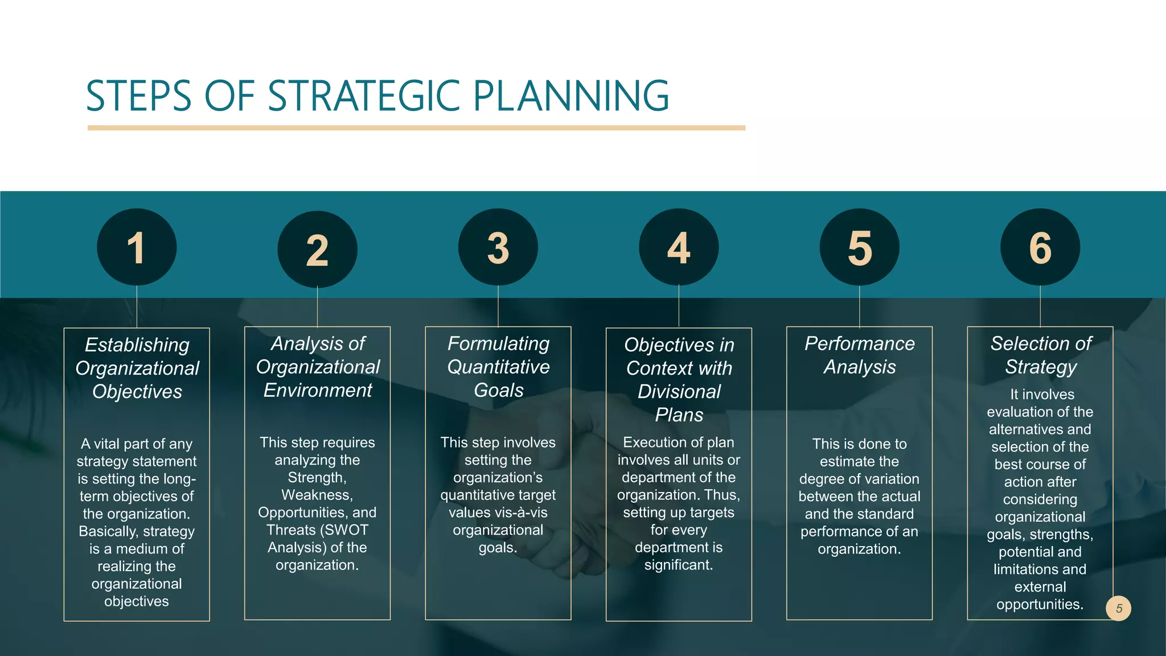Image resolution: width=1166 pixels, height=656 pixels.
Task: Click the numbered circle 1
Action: click(137, 247)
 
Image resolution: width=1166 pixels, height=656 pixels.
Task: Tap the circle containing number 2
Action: click(317, 249)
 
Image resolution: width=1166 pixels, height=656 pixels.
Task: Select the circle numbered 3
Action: click(498, 247)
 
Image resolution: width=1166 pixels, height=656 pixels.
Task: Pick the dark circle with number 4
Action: click(679, 247)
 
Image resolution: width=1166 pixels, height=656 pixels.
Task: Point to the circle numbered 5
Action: click(860, 247)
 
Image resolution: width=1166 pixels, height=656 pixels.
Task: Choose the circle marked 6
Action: click(1040, 247)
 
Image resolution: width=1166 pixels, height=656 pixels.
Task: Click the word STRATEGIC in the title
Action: click(364, 96)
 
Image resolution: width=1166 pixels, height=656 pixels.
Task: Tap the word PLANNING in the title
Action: click(571, 96)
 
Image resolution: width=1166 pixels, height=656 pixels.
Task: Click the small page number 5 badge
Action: click(1119, 608)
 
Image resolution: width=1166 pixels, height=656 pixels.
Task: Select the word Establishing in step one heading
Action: click(137, 345)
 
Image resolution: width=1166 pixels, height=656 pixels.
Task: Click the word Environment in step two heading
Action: click(317, 390)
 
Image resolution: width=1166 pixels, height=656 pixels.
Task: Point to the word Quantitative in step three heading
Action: click(498, 367)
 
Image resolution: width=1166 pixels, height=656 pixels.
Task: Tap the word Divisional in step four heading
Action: click(679, 391)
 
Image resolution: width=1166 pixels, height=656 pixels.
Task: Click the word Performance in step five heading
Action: click(860, 343)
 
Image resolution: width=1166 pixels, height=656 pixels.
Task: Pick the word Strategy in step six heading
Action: click(1040, 367)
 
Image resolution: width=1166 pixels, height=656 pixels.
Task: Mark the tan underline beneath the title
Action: click(416, 128)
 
